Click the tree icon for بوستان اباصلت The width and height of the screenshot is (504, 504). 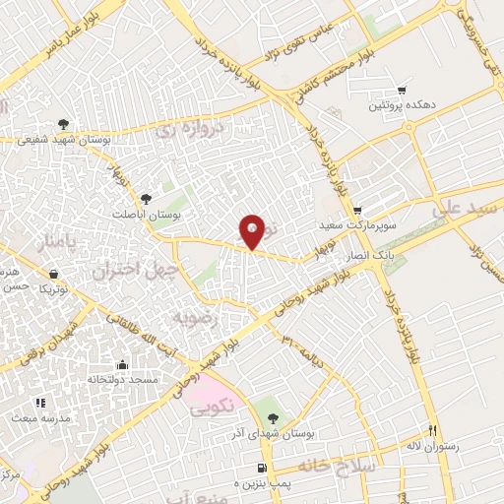148,198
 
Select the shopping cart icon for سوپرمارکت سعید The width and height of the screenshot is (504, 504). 357,210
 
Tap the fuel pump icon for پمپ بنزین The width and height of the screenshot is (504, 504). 260,468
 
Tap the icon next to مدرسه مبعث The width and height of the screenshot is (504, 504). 40,402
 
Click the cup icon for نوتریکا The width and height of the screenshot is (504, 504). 53,275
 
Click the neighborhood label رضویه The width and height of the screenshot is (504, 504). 193,317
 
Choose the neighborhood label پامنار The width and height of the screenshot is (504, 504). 57,240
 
